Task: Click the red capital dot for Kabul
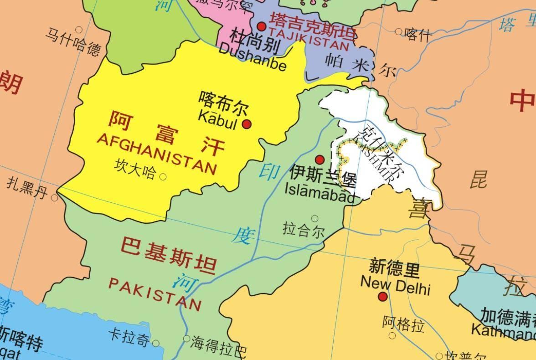click(247, 124)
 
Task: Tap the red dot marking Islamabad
click(320, 159)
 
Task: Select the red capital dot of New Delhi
click(383, 297)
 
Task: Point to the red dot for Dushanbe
click(262, 26)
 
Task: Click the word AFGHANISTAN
click(156, 154)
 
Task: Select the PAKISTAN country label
click(155, 293)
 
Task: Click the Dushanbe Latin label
click(253, 57)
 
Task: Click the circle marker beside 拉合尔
click(314, 219)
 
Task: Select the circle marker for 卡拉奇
click(156, 343)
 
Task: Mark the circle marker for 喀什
click(398, 32)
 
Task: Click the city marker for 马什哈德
click(79, 30)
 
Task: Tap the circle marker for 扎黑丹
click(55, 198)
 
